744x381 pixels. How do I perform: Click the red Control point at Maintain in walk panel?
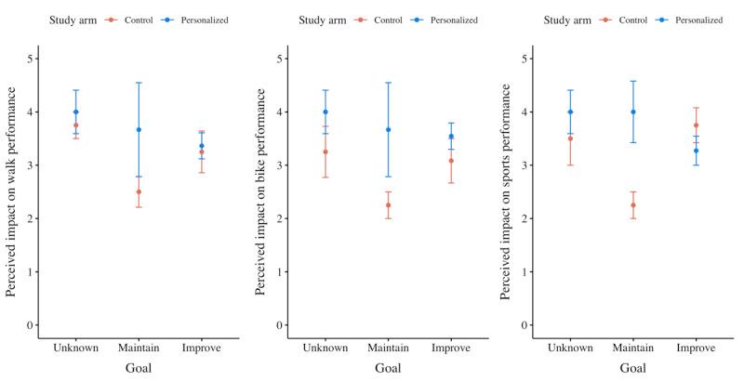click(139, 192)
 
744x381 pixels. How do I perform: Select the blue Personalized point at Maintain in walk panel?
click(139, 130)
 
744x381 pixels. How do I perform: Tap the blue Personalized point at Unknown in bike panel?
click(325, 112)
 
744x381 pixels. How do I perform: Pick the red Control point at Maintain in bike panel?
click(388, 205)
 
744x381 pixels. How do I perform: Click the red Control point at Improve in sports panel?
click(697, 125)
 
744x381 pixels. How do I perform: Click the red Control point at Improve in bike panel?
click(450, 161)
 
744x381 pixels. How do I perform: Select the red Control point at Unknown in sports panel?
click(571, 138)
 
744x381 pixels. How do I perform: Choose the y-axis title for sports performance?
click(507, 191)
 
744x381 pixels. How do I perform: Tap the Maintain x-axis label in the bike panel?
click(388, 348)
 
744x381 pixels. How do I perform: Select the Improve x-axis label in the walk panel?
click(201, 348)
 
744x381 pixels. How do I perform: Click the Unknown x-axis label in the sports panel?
click(571, 348)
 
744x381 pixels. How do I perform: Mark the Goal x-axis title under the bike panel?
click(388, 369)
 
